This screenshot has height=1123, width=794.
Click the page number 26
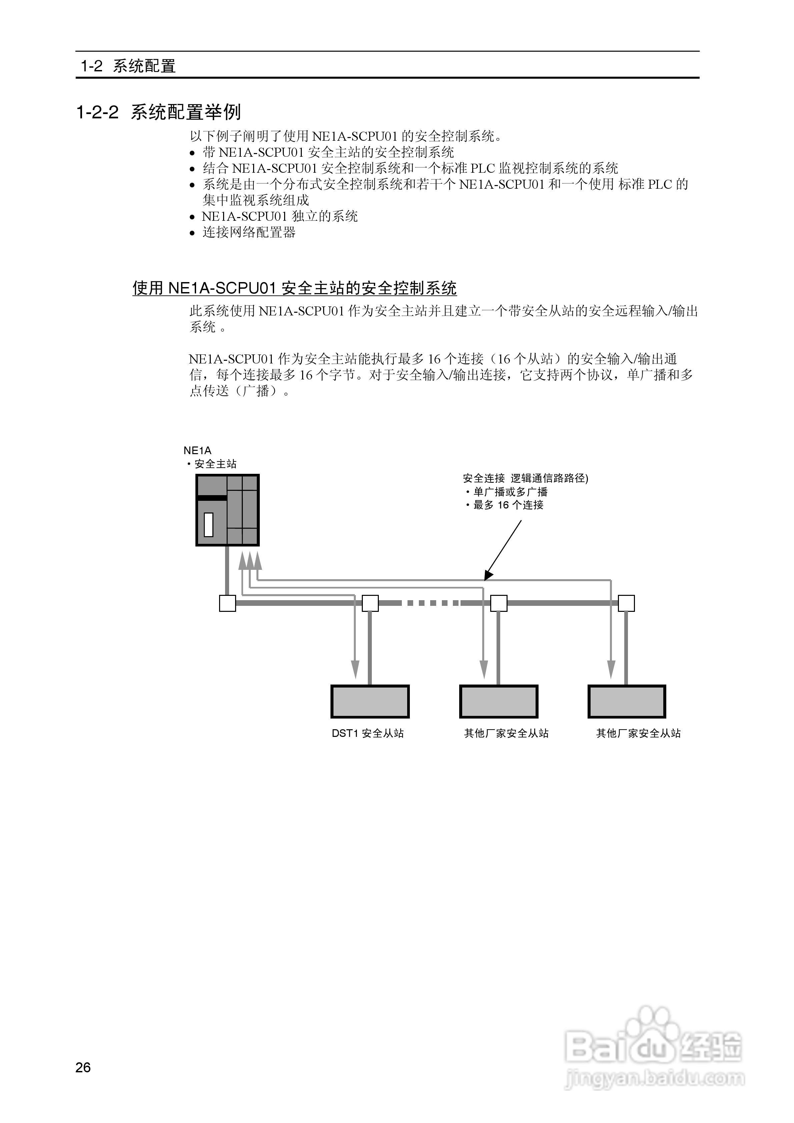click(x=83, y=1067)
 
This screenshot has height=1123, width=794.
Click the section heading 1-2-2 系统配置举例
click(x=159, y=112)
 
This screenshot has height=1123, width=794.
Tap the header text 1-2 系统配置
click(x=128, y=66)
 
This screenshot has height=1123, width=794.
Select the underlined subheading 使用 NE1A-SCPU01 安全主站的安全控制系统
click(x=294, y=288)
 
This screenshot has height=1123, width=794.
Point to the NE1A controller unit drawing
click(x=227, y=510)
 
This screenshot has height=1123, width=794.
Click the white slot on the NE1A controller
click(x=209, y=525)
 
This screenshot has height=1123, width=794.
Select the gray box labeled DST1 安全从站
click(x=370, y=702)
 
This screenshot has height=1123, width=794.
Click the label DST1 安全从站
click(x=368, y=734)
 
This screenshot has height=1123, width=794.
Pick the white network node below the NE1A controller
click(x=227, y=603)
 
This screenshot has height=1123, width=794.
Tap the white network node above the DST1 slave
click(x=370, y=603)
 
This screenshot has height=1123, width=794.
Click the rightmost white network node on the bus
click(x=626, y=603)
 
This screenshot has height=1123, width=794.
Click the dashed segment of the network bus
click(x=431, y=603)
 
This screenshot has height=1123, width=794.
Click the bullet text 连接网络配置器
click(x=249, y=232)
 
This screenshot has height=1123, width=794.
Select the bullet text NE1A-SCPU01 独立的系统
click(x=280, y=216)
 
